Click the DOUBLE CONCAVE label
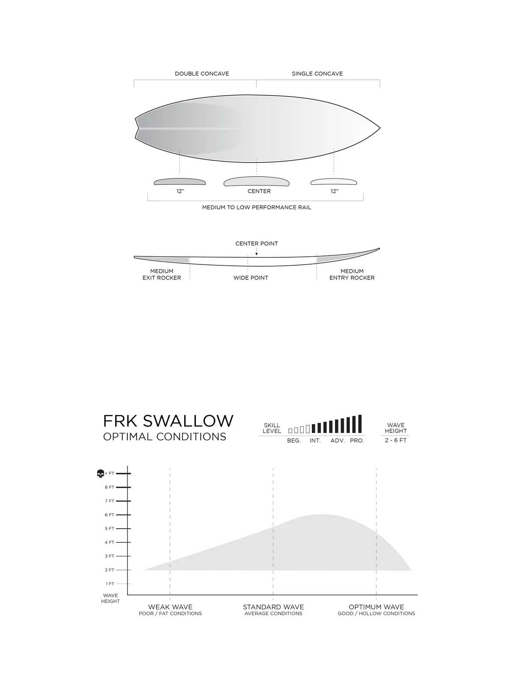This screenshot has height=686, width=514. coord(202,74)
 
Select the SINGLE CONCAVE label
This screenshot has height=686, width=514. coord(317,74)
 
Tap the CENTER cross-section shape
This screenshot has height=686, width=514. coord(256,181)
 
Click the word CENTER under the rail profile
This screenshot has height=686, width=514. coord(259,191)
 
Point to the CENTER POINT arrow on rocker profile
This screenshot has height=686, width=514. coord(257,253)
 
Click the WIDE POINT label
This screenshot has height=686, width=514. coord(251,278)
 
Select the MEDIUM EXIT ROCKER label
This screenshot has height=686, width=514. coord(161,274)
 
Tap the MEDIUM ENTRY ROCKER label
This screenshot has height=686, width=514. coord(352,274)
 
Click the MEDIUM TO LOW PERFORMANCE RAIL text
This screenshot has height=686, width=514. coord(257,208)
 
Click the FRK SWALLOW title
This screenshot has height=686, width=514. coord(168,421)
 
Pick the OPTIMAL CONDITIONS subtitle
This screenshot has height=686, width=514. coord(164,437)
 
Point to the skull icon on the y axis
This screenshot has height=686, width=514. coord(101,474)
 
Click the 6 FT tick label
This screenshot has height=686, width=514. coord(110,515)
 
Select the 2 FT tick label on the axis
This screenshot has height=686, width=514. coord(110,570)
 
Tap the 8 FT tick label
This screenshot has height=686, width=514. coord(110,487)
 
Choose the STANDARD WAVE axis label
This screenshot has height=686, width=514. coord(273,607)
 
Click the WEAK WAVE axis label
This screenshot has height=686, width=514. coord(170,607)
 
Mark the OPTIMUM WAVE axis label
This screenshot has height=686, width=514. coord(376,607)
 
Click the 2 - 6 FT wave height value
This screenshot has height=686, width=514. coord(395,440)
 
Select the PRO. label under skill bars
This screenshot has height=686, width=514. coord(357,441)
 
